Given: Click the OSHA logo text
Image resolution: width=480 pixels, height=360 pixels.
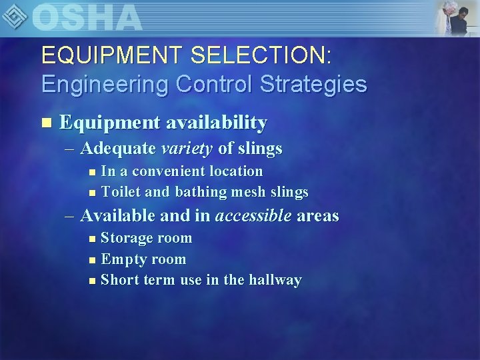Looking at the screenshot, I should (87, 17).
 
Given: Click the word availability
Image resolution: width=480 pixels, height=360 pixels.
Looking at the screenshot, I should (217, 123).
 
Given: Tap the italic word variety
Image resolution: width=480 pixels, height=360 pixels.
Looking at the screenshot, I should (187, 148).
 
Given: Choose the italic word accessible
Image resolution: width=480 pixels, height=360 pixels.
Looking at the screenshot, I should (253, 216).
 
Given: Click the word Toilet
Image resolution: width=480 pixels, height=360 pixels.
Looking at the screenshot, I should (120, 193).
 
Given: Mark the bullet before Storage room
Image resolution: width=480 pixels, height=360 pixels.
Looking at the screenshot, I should (92, 239).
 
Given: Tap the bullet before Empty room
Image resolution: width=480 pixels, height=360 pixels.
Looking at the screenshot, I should (92, 260).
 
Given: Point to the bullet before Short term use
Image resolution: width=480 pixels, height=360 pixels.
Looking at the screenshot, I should (92, 281).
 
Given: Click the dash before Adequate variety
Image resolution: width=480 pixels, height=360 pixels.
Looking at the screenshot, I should (71, 148).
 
